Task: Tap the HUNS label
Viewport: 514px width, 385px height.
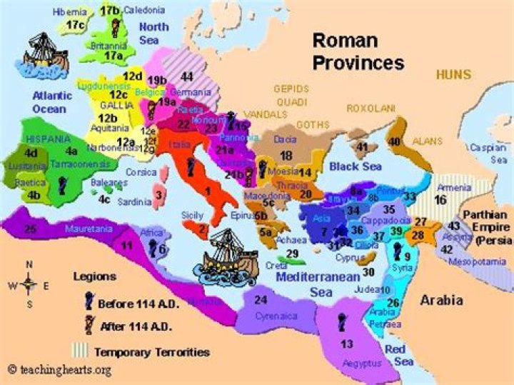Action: point(454,74)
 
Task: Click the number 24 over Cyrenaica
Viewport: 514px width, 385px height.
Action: point(261,300)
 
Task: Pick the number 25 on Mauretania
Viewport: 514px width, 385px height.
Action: point(29,229)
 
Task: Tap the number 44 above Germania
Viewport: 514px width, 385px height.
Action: point(187,76)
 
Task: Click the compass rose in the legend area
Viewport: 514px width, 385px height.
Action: point(29,284)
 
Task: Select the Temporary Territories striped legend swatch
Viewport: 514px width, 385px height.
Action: point(81,351)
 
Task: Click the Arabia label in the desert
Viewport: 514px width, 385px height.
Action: point(440,300)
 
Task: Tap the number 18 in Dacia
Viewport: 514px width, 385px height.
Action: point(286,155)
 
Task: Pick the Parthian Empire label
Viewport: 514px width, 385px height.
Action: point(488,226)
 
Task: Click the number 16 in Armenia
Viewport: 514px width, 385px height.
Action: point(440,200)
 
